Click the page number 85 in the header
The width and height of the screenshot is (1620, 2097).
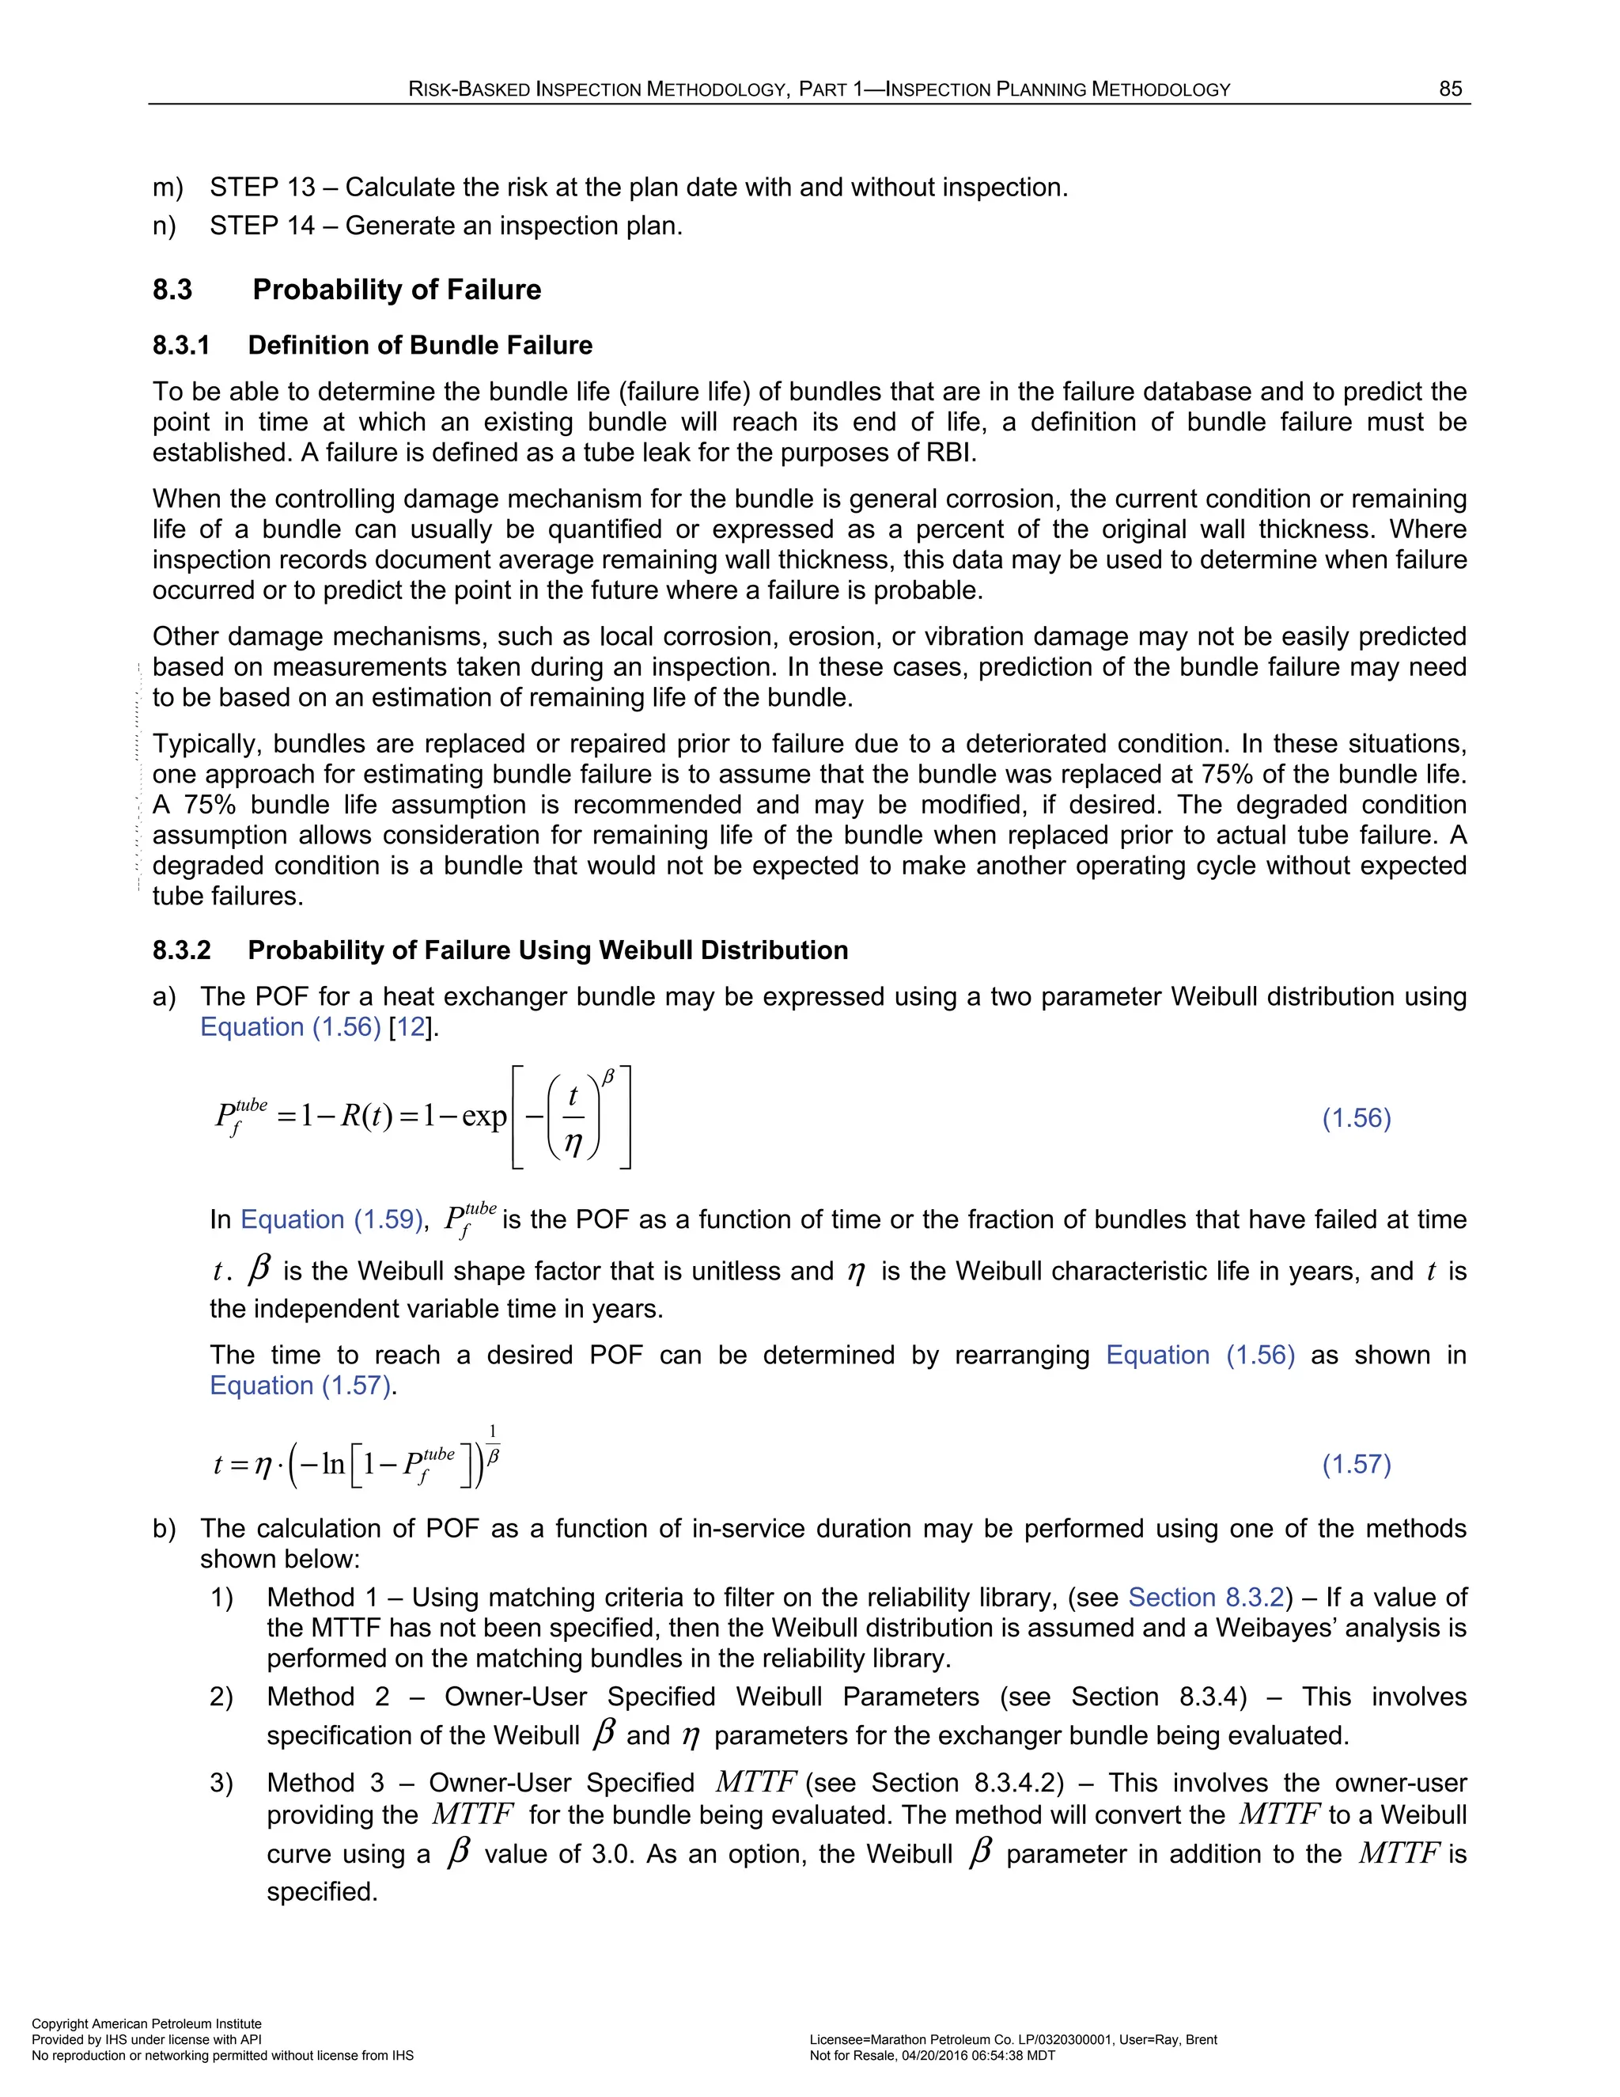(x=1450, y=89)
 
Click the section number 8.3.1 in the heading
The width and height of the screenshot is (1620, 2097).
(x=181, y=346)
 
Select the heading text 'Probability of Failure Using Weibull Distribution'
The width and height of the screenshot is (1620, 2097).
(x=547, y=950)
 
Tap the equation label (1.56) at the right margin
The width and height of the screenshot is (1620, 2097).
(x=1356, y=1117)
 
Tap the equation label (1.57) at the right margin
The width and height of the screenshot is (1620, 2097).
(x=1356, y=1464)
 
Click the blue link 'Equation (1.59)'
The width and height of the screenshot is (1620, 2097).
(x=330, y=1219)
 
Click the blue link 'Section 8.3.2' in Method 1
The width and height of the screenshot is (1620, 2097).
(x=1206, y=1597)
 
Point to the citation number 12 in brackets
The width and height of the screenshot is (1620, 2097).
(x=411, y=1027)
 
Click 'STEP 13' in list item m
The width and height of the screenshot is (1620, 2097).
(x=262, y=188)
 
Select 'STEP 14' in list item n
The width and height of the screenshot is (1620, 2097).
(x=262, y=226)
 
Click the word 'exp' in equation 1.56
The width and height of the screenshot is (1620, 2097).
(x=483, y=1117)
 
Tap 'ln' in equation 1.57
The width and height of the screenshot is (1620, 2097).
(x=333, y=1464)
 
